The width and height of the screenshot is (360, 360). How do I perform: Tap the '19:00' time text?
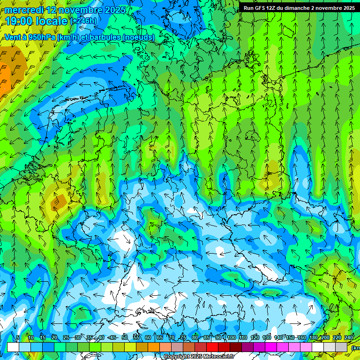18,21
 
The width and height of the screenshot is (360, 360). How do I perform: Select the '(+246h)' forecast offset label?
83,21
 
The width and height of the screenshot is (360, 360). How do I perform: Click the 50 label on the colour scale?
125,337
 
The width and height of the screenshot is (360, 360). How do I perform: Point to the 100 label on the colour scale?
231,337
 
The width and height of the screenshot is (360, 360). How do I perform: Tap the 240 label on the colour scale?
349,337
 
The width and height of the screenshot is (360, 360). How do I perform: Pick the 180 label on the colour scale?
313,337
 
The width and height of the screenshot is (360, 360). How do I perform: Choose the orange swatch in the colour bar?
154,347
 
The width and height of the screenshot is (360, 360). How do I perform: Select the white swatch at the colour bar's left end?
13,347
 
